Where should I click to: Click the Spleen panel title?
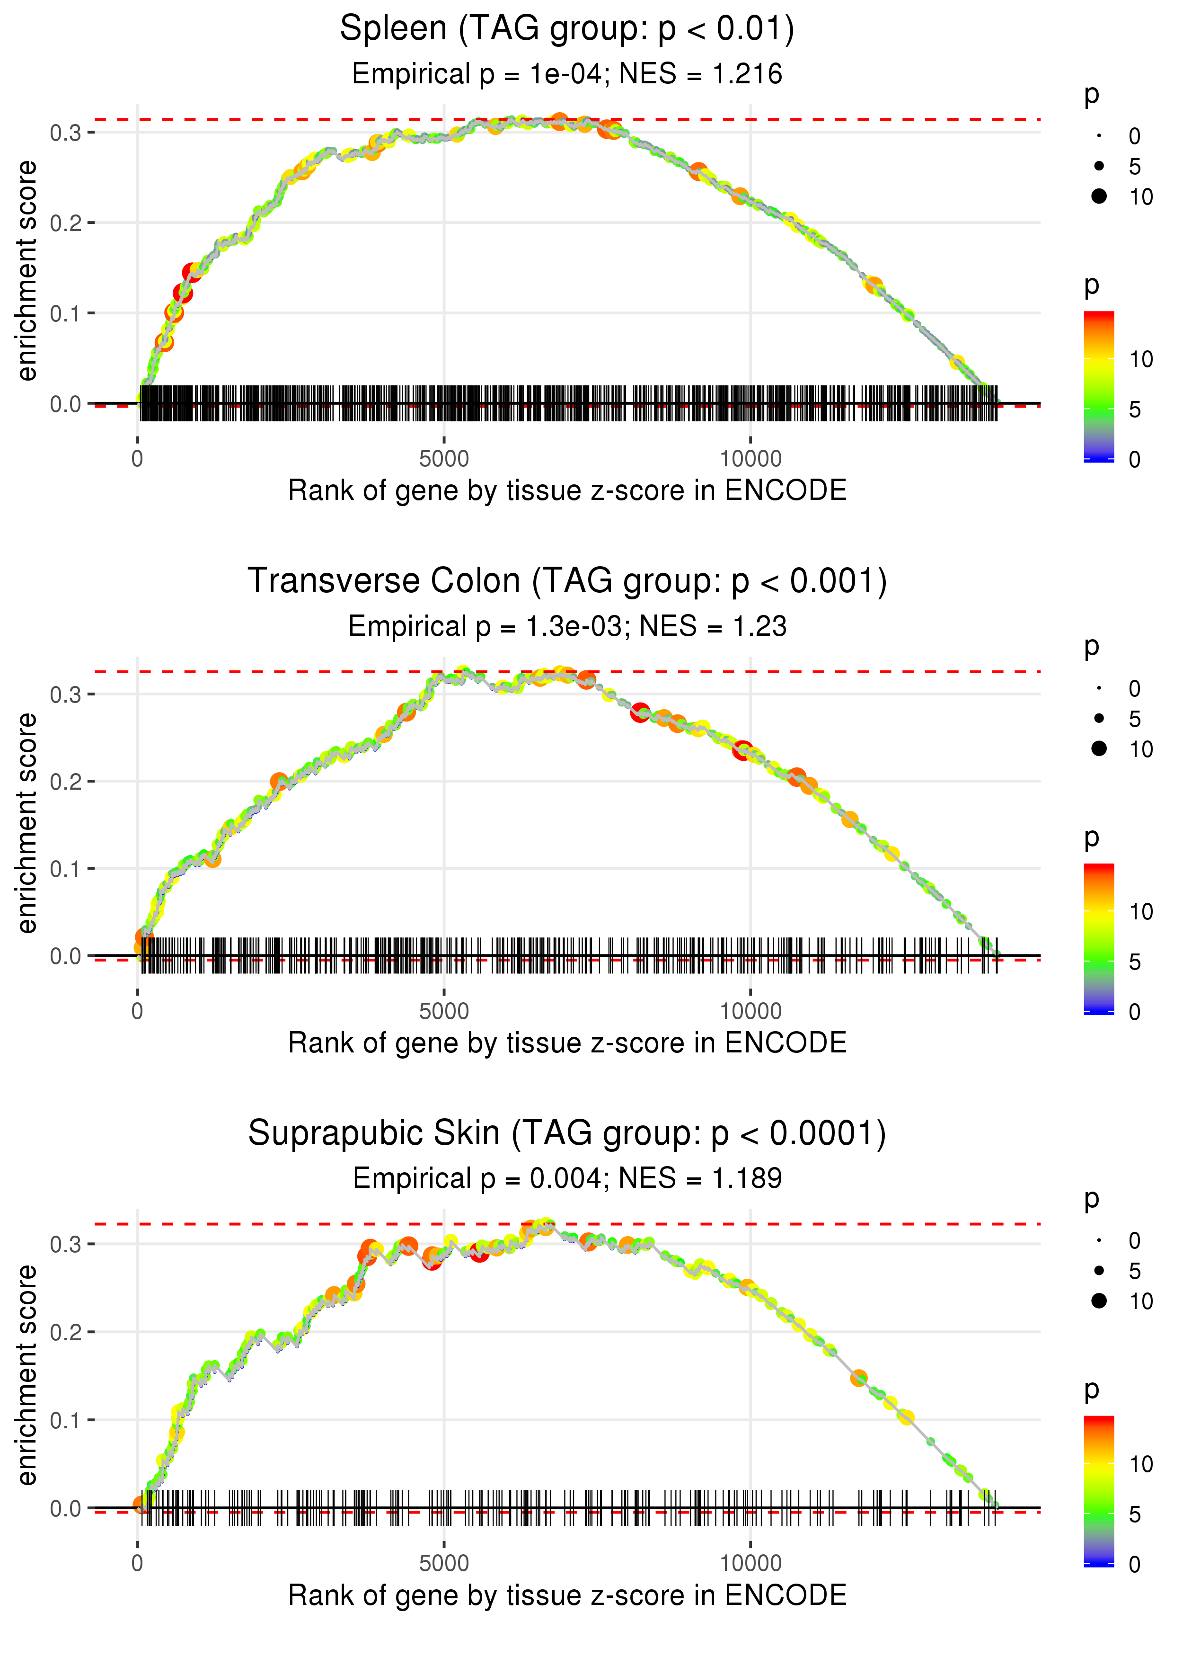567,29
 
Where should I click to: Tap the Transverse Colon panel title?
567,581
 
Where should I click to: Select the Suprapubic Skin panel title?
567,1134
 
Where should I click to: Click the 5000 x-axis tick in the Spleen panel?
444,459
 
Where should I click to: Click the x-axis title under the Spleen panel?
567,490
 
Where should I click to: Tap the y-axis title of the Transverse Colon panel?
27,823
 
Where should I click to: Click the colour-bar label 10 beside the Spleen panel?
1141,359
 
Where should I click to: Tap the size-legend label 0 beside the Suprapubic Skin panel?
1134,1241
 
